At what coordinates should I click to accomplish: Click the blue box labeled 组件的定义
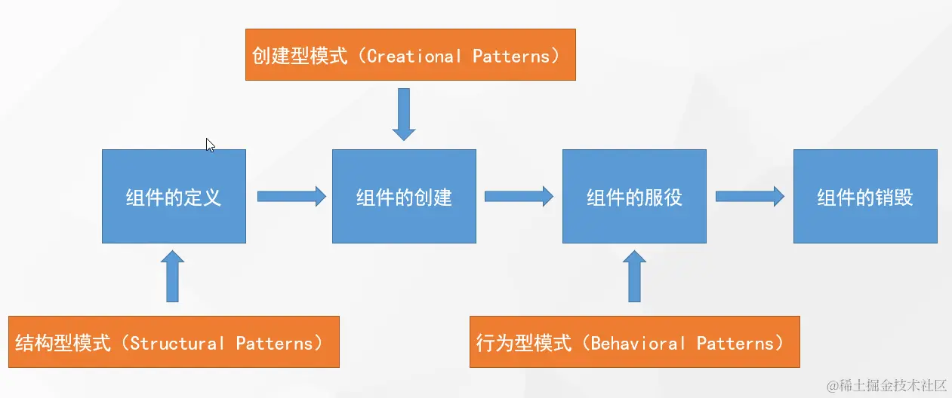pyautogui.click(x=174, y=196)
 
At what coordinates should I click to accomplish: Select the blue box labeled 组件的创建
pyautogui.click(x=404, y=196)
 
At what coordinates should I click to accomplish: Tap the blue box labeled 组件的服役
pyautogui.click(x=634, y=196)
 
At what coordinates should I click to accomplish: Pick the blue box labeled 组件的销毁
pyautogui.click(x=865, y=196)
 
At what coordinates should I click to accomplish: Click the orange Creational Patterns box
pyautogui.click(x=410, y=55)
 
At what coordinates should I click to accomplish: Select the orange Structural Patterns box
pyautogui.click(x=173, y=342)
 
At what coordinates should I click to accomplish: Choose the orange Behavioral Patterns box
pyautogui.click(x=634, y=342)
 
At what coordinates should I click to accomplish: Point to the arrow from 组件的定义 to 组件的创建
pyautogui.click(x=291, y=196)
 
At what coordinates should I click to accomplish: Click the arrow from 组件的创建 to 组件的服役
pyautogui.click(x=519, y=196)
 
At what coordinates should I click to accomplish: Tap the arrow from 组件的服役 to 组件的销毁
pyautogui.click(x=750, y=196)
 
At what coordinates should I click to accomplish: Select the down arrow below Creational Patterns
pyautogui.click(x=404, y=114)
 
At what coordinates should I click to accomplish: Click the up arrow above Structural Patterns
pyautogui.click(x=173, y=277)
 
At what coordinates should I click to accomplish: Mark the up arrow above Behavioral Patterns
pyautogui.click(x=633, y=277)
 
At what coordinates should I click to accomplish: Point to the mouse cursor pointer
pyautogui.click(x=210, y=145)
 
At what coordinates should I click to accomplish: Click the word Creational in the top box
pyautogui.click(x=414, y=56)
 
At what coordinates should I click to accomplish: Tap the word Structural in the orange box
pyautogui.click(x=177, y=343)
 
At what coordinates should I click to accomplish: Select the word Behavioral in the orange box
pyautogui.click(x=638, y=343)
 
